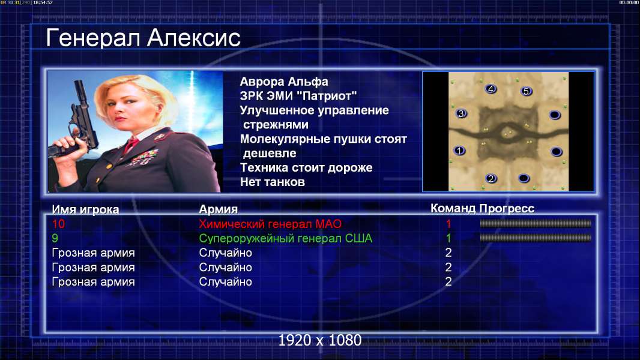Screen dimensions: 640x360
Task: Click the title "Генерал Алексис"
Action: pyautogui.click(x=143, y=38)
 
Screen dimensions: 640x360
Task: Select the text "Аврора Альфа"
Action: pyautogui.click(x=283, y=82)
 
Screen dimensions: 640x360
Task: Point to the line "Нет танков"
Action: pyautogui.click(x=272, y=182)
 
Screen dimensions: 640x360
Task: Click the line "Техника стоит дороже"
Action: pyautogui.click(x=306, y=167)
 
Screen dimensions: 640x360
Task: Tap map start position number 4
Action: pyautogui.click(x=491, y=88)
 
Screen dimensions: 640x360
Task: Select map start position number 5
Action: pyautogui.click(x=526, y=91)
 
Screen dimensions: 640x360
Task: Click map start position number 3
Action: pyautogui.click(x=461, y=113)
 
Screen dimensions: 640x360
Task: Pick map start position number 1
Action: pyautogui.click(x=459, y=151)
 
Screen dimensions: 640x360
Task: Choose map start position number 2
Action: pyautogui.click(x=491, y=178)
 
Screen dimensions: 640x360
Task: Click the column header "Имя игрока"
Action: pyautogui.click(x=85, y=209)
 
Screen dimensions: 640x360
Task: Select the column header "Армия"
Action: pyautogui.click(x=218, y=209)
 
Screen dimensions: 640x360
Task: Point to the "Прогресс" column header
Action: pyautogui.click(x=507, y=208)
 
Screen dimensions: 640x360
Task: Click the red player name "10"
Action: pyautogui.click(x=58, y=223)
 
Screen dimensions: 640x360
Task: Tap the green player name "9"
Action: pyautogui.click(x=55, y=238)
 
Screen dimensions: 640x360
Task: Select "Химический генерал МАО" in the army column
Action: pyautogui.click(x=270, y=224)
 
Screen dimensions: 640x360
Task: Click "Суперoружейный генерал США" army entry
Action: pyautogui.click(x=285, y=238)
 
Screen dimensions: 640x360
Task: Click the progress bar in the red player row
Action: pyautogui.click(x=535, y=223)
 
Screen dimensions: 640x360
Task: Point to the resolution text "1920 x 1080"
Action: pyautogui.click(x=319, y=340)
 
